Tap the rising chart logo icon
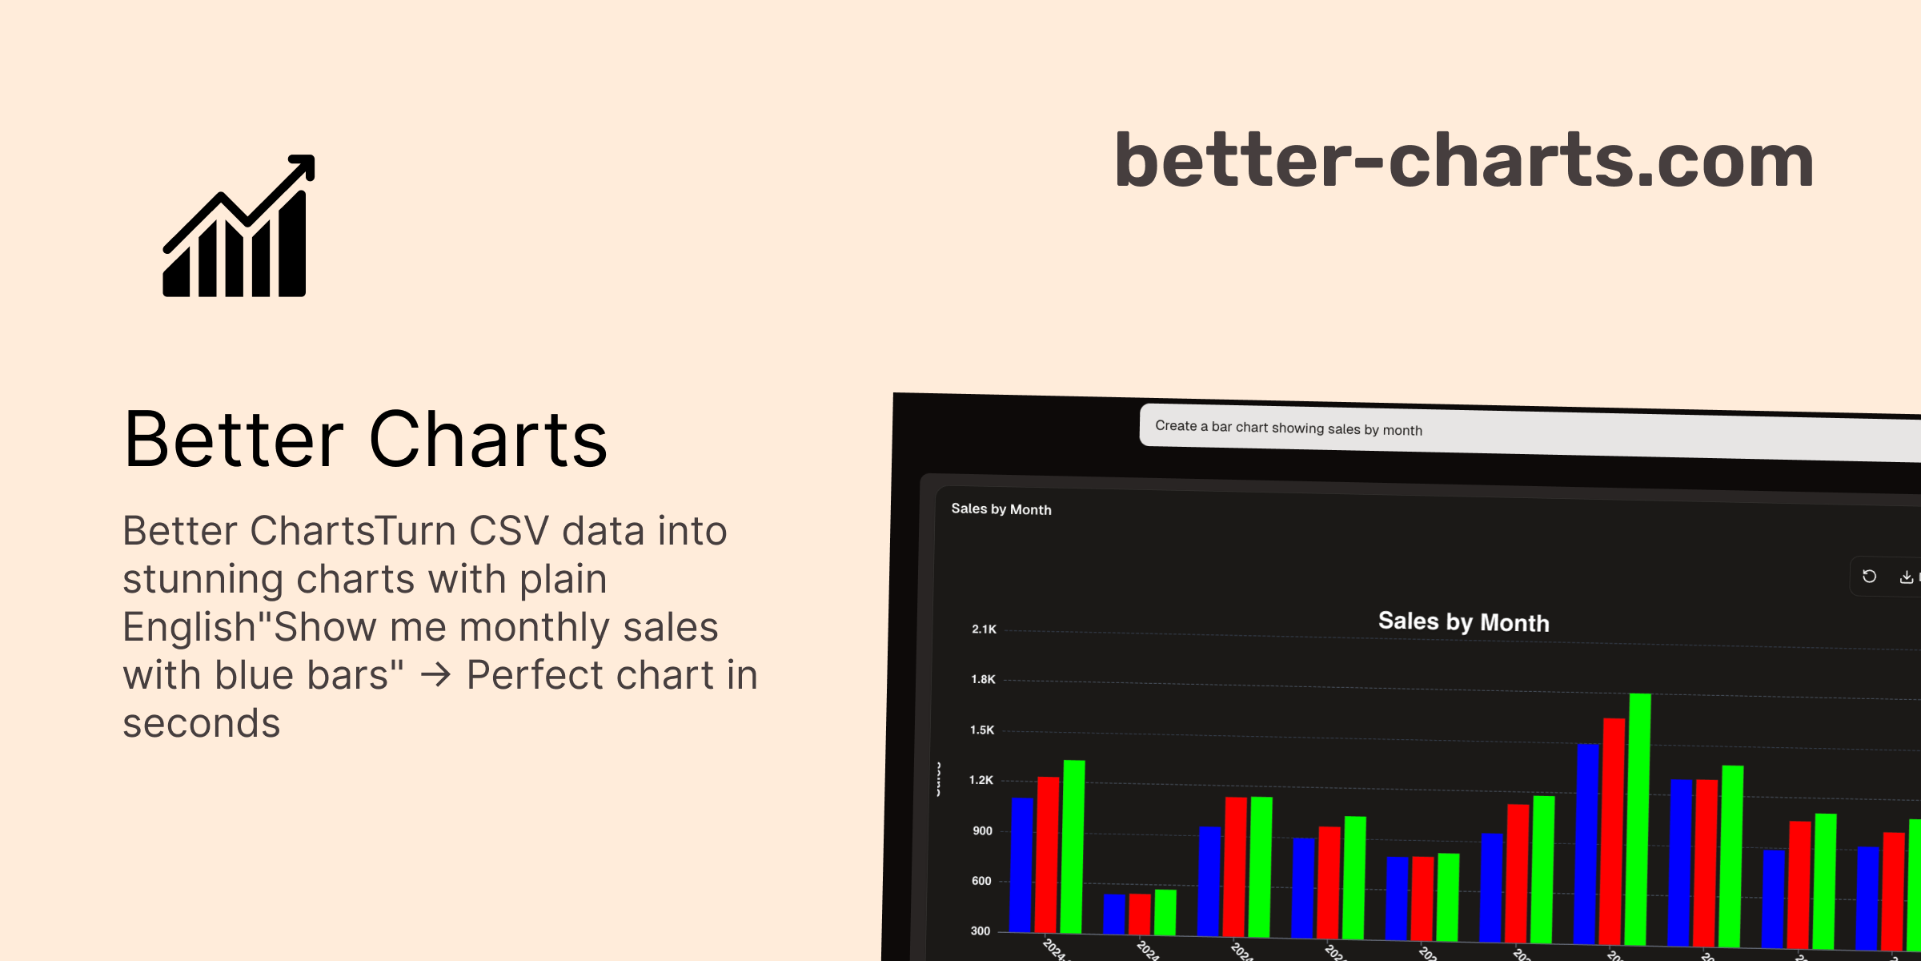click(x=238, y=227)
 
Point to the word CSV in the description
click(x=509, y=531)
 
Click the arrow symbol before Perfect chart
click(x=435, y=675)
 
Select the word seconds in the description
click(x=201, y=723)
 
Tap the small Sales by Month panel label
click(x=1001, y=509)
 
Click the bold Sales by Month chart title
click(x=1463, y=622)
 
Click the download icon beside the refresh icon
click(x=1906, y=577)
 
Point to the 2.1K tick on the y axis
click(x=984, y=629)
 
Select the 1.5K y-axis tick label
click(x=982, y=730)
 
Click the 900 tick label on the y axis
click(x=982, y=831)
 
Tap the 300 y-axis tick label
click(x=981, y=931)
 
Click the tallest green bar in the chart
click(x=1638, y=817)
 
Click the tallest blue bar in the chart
click(x=1587, y=841)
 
